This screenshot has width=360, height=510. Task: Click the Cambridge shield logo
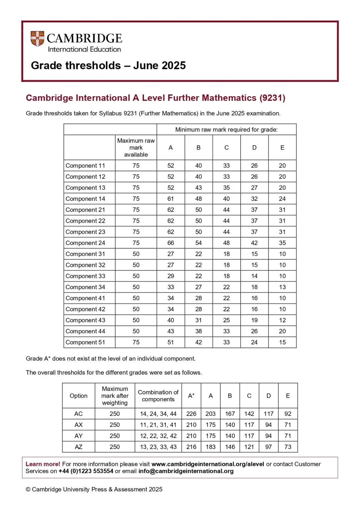37,39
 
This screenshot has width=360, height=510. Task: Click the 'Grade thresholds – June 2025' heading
108,65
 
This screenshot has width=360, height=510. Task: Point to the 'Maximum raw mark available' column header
136,147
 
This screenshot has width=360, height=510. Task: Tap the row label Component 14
85,199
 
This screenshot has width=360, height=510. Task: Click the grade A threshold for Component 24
171,243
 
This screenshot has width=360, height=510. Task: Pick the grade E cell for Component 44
282,331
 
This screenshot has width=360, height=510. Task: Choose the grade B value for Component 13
199,188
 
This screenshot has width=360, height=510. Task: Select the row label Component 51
85,342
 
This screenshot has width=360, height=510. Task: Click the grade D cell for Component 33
254,276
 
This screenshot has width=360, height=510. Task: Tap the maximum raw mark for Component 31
136,254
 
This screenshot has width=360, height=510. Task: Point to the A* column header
191,396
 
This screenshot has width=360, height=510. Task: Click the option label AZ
79,447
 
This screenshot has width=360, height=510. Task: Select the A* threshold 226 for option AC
191,414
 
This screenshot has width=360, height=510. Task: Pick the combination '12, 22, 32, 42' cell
158,436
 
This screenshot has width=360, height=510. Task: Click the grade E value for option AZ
288,447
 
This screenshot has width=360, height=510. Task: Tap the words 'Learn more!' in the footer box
43,464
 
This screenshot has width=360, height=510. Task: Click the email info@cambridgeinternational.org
186,471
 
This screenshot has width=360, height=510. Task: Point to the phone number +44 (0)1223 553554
86,471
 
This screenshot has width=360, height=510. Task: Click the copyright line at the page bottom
94,489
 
